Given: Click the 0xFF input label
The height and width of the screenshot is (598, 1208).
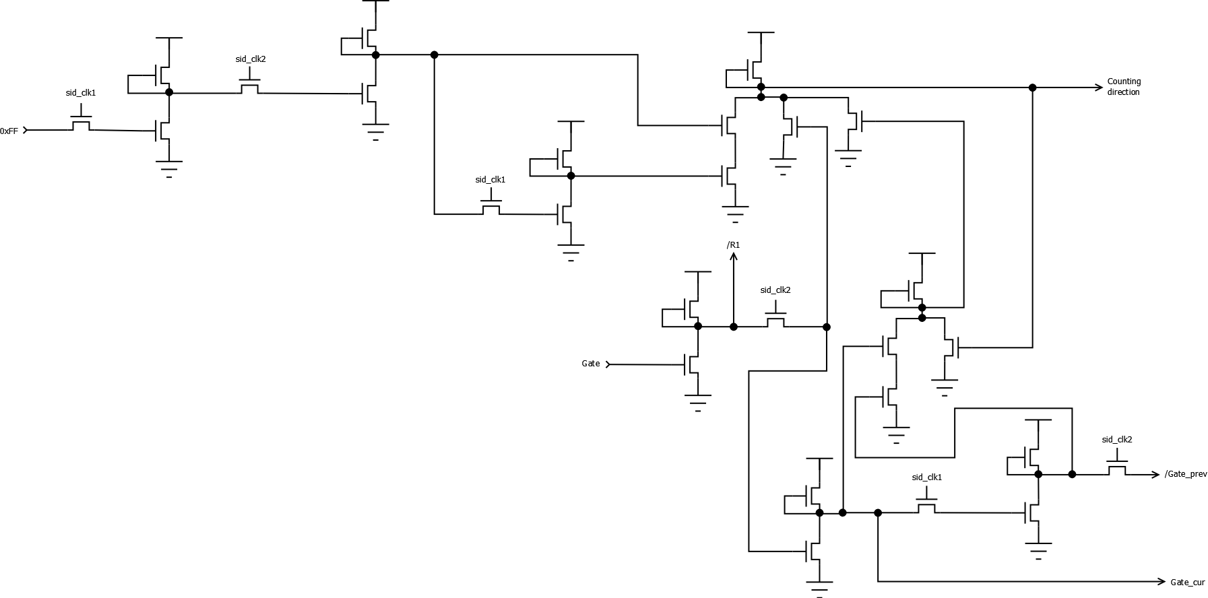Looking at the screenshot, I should [9, 131].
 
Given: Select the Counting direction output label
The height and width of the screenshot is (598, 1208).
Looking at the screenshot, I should [1124, 87].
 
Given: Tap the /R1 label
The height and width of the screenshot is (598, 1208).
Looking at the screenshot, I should [734, 245].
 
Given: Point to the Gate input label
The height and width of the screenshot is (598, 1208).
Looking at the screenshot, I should [591, 364].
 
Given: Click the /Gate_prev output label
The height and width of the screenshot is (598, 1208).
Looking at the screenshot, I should [1186, 474].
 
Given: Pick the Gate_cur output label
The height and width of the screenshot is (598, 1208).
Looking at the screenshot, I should [1188, 583].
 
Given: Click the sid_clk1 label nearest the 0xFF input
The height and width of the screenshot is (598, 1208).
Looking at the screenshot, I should [81, 93].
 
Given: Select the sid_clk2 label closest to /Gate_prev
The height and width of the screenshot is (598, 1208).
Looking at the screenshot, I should [1117, 440].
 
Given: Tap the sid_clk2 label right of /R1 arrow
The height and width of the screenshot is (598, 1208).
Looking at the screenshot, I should [775, 290].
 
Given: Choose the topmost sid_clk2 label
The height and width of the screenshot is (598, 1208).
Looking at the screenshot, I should [251, 59].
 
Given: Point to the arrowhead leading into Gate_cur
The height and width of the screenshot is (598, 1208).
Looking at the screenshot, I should [1162, 582].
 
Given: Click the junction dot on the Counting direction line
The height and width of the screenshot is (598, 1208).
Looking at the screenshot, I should [1032, 88].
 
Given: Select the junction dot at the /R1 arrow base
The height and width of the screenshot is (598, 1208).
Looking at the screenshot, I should [734, 327].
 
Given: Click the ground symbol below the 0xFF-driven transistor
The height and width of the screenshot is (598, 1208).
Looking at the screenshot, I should [168, 168].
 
